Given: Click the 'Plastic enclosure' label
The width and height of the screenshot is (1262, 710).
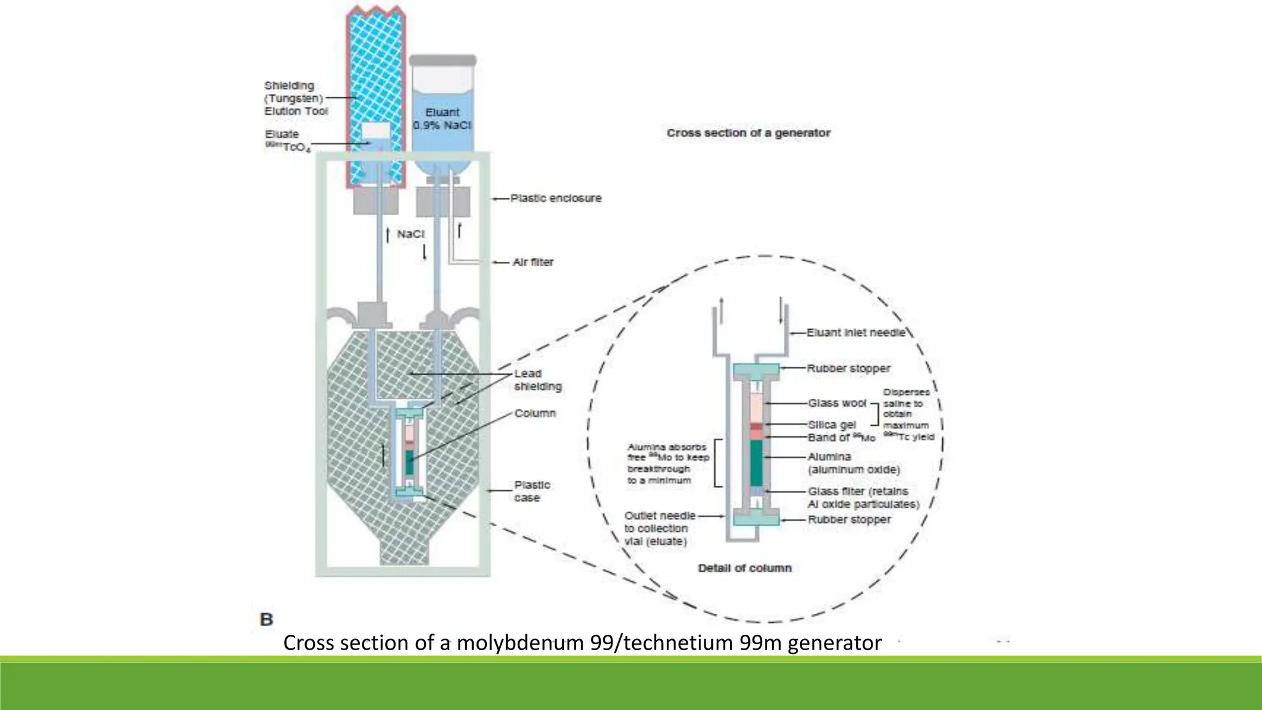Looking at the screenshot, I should [x=555, y=198].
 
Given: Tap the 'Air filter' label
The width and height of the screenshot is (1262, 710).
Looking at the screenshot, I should [x=533, y=262].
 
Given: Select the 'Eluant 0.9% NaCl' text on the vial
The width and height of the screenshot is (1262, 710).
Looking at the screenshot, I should [x=442, y=118].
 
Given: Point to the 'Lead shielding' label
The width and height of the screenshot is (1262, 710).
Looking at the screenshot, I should [x=537, y=380].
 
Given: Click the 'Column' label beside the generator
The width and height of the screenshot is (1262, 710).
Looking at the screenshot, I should [x=535, y=413].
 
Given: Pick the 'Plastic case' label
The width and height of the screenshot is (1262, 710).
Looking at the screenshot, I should [x=532, y=491].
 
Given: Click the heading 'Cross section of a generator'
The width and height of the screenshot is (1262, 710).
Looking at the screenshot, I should [x=748, y=133].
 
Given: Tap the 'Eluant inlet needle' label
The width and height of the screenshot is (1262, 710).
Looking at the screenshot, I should [x=856, y=332].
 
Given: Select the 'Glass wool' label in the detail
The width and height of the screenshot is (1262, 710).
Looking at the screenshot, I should [x=837, y=402].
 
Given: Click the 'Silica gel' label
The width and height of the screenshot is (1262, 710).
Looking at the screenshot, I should [x=832, y=425].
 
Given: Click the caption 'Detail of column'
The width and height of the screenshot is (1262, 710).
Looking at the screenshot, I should [x=744, y=568].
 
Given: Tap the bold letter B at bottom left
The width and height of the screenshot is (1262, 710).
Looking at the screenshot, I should [x=267, y=619].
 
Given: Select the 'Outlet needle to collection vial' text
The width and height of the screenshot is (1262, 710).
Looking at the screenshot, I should [x=659, y=528].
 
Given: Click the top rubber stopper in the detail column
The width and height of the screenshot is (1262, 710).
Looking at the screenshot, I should [x=757, y=371].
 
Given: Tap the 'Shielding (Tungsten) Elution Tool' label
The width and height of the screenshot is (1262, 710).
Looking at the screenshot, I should [x=295, y=99].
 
